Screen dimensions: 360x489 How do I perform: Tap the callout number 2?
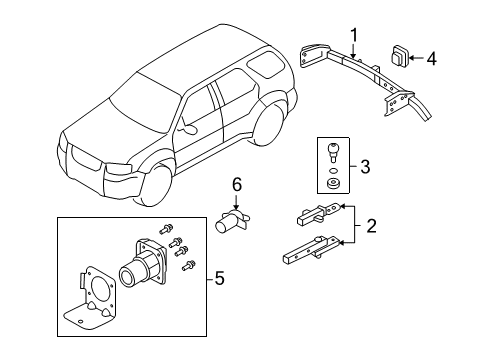(371, 225)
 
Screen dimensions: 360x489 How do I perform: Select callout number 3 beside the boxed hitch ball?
(367, 166)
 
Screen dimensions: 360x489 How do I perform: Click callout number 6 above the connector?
(237, 184)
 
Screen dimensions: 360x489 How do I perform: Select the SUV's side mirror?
(186, 126)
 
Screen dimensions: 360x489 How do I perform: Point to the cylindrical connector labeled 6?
(232, 221)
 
